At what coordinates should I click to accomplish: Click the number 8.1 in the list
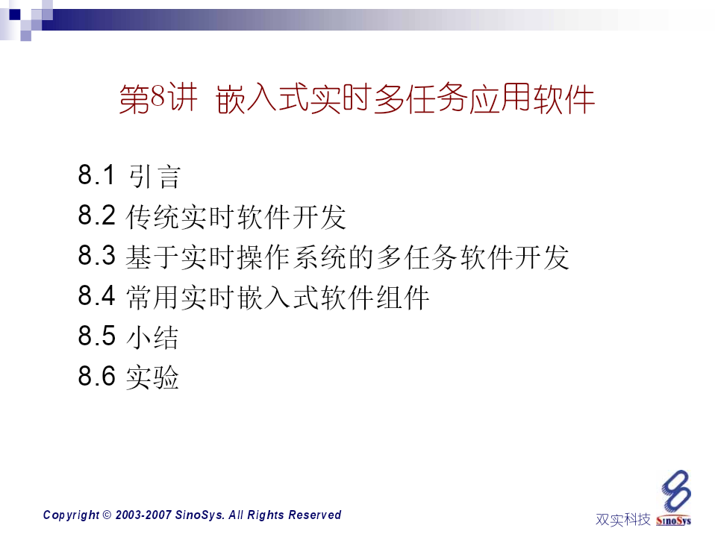(x=96, y=175)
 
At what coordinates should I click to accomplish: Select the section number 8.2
(x=97, y=215)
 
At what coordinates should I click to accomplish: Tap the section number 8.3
(x=97, y=255)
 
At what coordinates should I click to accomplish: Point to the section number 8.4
(x=97, y=295)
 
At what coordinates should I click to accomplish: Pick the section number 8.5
(x=97, y=336)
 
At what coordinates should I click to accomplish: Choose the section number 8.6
(x=97, y=377)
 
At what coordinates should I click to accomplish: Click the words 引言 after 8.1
(x=155, y=177)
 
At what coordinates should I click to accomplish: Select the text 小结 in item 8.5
(x=152, y=338)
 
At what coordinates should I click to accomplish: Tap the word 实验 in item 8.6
(x=152, y=377)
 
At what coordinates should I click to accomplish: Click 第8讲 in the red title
(x=158, y=98)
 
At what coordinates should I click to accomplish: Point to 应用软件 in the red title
(x=531, y=98)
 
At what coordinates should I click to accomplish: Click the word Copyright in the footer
(x=71, y=515)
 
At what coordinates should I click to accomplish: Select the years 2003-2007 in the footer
(x=143, y=515)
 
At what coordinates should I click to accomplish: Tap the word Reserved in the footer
(x=315, y=515)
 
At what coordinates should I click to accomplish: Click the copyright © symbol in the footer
(x=107, y=515)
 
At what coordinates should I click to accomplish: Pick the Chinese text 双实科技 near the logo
(x=623, y=519)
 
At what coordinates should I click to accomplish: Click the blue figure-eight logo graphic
(x=676, y=491)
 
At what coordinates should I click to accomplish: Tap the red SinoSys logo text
(x=673, y=521)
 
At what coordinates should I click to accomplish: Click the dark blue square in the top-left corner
(x=15, y=15)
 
